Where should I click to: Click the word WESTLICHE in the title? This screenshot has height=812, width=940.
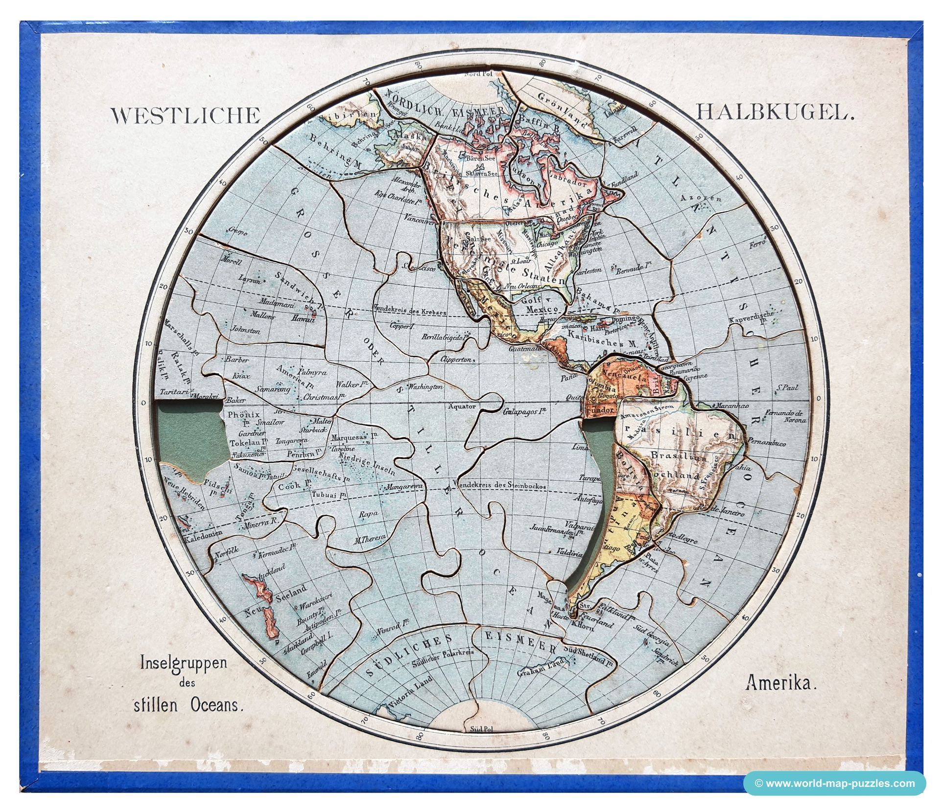click(186, 115)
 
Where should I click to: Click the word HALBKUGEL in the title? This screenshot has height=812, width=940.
click(775, 113)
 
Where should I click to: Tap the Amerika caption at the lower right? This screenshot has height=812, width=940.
click(780, 683)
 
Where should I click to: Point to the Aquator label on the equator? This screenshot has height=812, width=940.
click(461, 406)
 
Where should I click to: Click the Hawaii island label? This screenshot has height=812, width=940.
click(302, 318)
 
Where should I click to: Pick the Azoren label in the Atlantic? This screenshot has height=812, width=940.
click(703, 199)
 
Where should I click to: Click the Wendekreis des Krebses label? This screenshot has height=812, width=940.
click(410, 312)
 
